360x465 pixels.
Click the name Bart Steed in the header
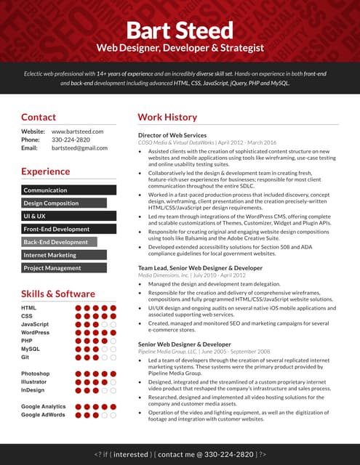click(x=180, y=30)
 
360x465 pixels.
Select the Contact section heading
click(x=39, y=117)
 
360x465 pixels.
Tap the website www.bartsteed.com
click(x=78, y=132)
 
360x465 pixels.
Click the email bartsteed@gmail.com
click(x=79, y=148)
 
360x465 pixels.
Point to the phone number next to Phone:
click(x=71, y=139)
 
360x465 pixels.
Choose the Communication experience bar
click(x=69, y=190)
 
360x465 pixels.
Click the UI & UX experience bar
click(x=69, y=217)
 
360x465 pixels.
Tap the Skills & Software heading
click(x=58, y=294)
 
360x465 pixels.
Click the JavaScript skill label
click(x=35, y=324)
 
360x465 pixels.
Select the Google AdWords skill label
click(x=43, y=415)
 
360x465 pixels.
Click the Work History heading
click(x=167, y=117)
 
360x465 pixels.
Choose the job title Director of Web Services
click(x=172, y=136)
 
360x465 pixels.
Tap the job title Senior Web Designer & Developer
click(x=184, y=344)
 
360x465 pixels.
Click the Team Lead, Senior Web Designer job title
click(x=200, y=268)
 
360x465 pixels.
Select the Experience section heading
click(x=45, y=172)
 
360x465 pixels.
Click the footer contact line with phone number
click(x=180, y=453)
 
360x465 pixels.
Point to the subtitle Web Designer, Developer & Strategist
click(x=180, y=48)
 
